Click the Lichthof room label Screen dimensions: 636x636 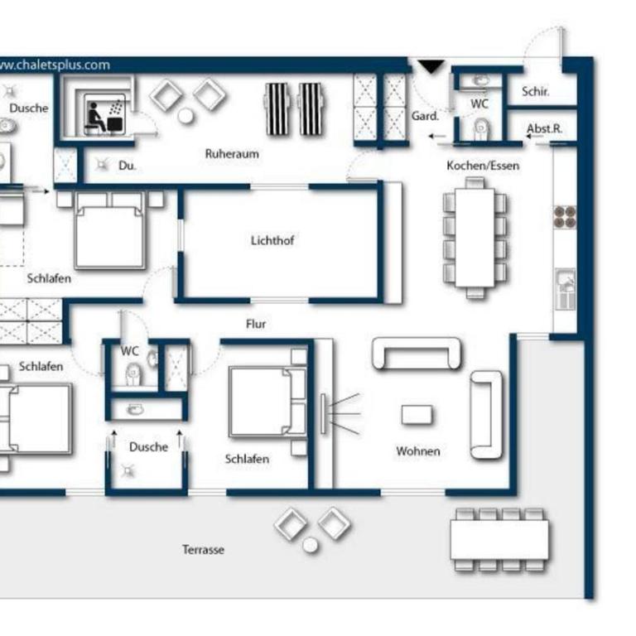272,240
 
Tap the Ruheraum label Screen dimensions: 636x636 232,154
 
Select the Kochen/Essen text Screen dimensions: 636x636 483,166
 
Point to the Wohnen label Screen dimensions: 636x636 417,451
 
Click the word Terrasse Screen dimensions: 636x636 203,550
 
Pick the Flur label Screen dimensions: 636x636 256,324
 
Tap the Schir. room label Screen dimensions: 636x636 536,92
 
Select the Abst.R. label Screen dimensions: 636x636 544,128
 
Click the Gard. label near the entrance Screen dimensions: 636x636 425,116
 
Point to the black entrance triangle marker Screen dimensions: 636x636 431,66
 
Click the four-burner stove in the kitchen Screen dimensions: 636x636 565,217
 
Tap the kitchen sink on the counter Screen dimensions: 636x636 566,289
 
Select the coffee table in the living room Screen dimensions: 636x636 417,415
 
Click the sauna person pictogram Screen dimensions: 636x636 95,118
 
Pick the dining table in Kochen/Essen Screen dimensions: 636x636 475,238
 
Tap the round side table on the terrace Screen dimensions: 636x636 311,546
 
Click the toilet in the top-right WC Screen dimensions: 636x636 480,128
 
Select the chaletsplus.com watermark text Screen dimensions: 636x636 54,65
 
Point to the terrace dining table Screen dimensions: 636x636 499,540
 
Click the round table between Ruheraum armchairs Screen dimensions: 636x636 185,116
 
